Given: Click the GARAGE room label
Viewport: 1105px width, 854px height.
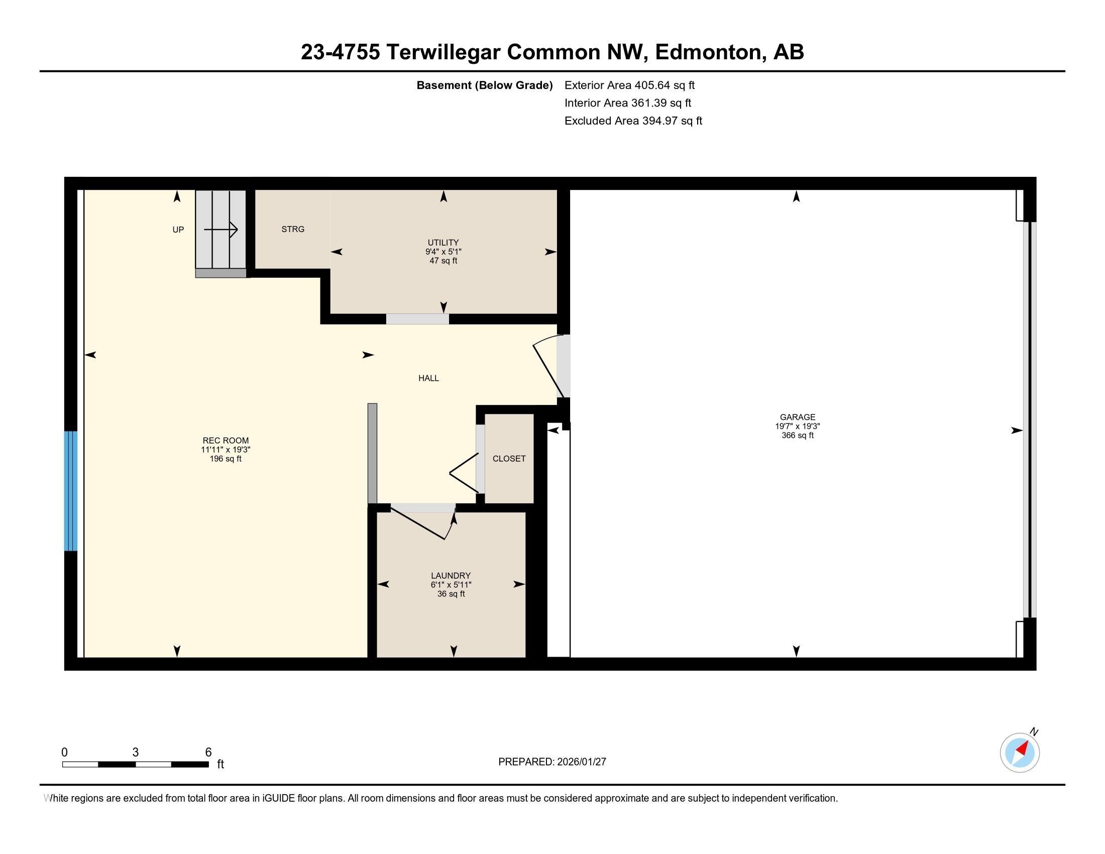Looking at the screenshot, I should click(798, 417).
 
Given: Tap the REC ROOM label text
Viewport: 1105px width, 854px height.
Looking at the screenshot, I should click(226, 441).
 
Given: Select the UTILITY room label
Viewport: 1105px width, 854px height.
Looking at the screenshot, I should click(443, 243).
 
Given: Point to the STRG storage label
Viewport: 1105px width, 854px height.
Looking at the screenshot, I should click(293, 229).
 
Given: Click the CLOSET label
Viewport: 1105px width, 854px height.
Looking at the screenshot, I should click(509, 458).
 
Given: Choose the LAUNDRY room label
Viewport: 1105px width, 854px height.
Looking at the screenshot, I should click(451, 576).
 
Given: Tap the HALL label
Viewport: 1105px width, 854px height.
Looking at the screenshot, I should click(428, 378).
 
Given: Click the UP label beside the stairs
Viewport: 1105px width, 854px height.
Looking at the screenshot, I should click(178, 230).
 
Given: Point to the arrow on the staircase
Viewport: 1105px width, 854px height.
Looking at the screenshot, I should click(222, 230).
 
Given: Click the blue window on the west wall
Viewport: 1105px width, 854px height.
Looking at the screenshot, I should click(71, 491).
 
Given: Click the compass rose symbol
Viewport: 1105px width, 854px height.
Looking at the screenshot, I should click(1020, 753).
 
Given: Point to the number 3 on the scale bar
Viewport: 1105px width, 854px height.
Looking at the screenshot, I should click(136, 753).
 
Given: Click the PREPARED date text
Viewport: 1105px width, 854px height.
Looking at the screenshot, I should click(552, 762).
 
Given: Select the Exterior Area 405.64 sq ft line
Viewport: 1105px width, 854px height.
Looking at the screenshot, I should click(629, 85).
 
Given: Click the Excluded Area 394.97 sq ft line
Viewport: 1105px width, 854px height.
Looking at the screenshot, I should click(633, 121).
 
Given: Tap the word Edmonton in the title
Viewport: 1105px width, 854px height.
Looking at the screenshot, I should click(709, 52).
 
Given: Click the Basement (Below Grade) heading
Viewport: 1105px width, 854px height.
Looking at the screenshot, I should click(484, 85).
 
